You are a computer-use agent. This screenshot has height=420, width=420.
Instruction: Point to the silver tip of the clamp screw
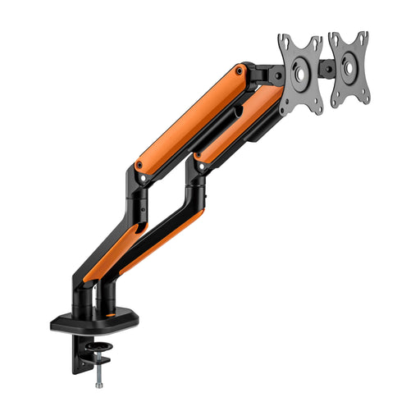(x=99, y=382)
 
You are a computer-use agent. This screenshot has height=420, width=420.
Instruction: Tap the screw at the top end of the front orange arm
(x=240, y=71)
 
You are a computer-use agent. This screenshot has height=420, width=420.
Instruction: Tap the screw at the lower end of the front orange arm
(x=139, y=165)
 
